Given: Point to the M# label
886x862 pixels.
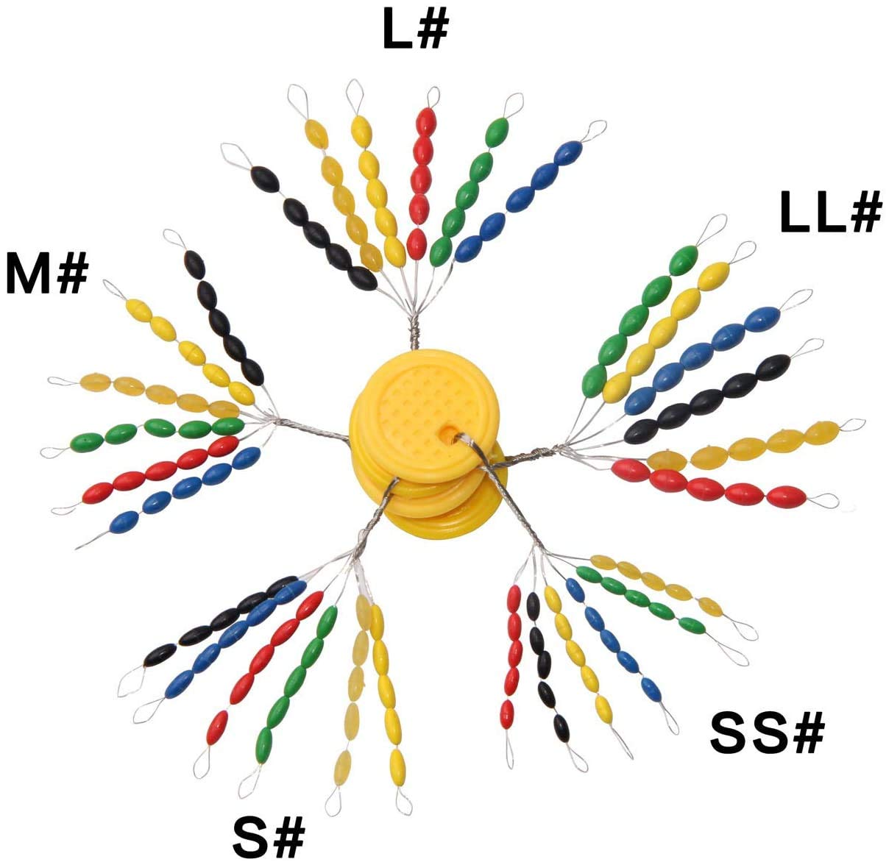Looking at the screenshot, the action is coord(47,274).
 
